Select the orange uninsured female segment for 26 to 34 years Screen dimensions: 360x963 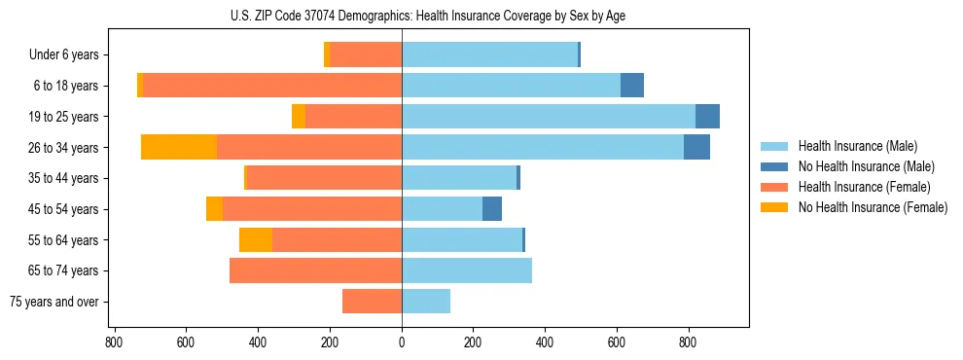tap(179, 147)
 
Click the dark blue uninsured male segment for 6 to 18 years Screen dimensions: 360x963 tap(632, 86)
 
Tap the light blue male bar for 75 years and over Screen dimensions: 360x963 tap(426, 302)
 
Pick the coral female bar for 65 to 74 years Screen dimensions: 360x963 tap(315, 270)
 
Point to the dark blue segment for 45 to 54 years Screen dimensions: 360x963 tap(492, 209)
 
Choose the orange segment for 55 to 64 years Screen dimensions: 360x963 tap(256, 239)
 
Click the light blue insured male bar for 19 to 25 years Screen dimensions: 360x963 tap(549, 117)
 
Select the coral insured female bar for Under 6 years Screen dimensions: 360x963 tap(366, 54)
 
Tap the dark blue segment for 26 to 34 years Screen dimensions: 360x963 tap(696, 147)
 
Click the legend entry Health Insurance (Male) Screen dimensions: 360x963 tap(857, 146)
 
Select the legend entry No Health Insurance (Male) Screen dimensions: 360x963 tap(866, 166)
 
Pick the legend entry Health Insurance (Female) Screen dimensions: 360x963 tap(864, 187)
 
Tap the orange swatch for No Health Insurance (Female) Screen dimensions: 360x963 tap(774, 207)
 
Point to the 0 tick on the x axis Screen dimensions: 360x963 tap(402, 342)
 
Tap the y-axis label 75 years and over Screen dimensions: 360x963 tap(54, 302)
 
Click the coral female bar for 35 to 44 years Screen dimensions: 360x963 tap(325, 178)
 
